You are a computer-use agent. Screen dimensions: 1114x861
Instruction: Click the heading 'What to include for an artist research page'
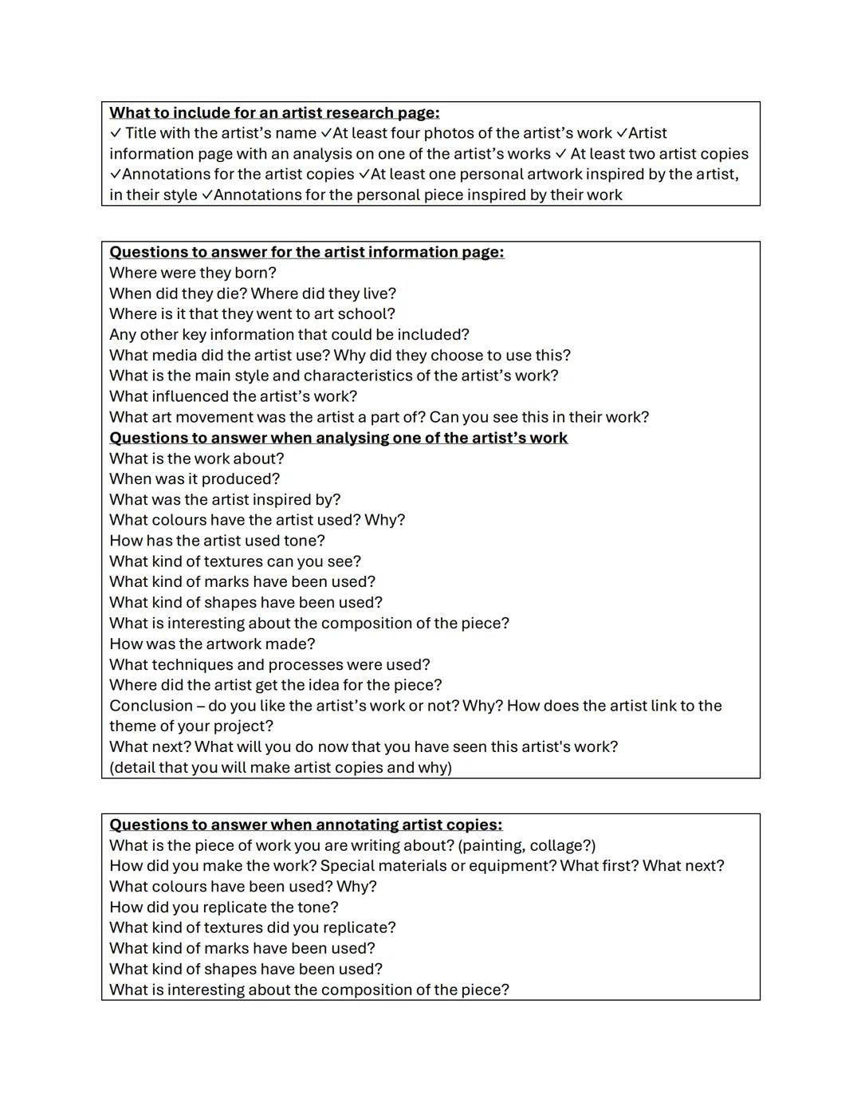click(x=274, y=113)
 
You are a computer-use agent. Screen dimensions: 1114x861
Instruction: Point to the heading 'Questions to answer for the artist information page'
click(x=306, y=253)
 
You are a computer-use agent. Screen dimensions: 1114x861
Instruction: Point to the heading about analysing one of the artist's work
click(x=338, y=439)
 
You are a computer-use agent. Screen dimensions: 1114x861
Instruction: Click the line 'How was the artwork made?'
click(x=212, y=644)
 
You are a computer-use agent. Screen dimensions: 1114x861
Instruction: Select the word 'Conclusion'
click(x=151, y=707)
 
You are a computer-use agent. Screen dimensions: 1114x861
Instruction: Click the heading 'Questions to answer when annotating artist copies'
click(x=305, y=825)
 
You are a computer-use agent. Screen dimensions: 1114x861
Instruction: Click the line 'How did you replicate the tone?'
click(x=223, y=907)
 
